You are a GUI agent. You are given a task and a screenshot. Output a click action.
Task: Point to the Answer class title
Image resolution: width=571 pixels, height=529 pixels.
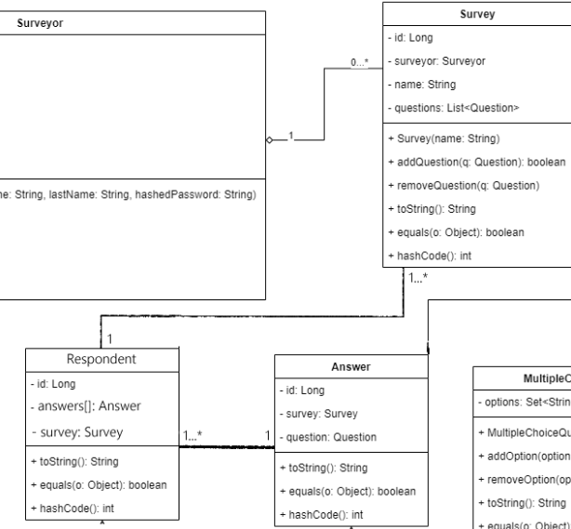352,366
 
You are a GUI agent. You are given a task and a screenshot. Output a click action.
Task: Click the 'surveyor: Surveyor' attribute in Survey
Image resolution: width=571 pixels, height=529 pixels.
436,60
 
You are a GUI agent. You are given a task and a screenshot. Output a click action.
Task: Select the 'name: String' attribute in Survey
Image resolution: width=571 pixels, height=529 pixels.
424,84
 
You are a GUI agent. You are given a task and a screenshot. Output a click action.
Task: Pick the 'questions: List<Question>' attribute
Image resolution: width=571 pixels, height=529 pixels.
452,107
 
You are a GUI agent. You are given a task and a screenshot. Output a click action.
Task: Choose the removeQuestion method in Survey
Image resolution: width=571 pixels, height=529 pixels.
461,185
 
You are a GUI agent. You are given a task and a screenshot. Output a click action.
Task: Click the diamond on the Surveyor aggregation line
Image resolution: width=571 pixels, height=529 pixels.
269,139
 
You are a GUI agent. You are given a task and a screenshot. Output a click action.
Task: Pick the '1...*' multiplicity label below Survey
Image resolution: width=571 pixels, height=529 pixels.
417,278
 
